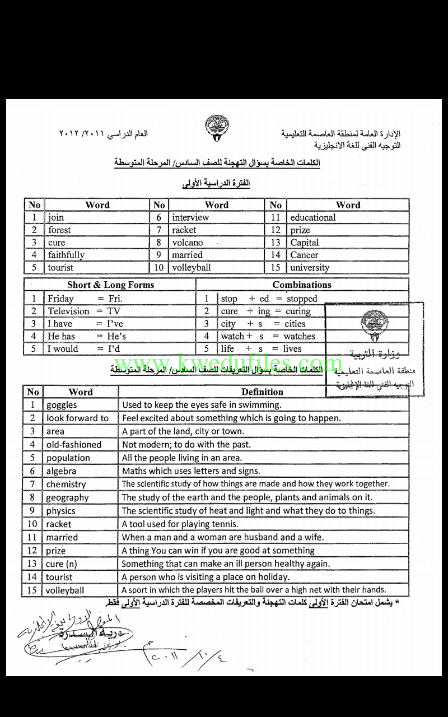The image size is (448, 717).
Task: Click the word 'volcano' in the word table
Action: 188,243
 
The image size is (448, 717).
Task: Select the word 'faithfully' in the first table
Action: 66,255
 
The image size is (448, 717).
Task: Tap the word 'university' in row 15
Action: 310,268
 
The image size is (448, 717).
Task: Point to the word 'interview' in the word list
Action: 190,217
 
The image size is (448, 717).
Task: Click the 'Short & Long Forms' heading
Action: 110,285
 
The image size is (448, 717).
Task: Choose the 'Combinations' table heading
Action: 302,285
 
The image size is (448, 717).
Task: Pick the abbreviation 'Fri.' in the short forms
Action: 114,299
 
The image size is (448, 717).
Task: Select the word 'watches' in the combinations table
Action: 299,336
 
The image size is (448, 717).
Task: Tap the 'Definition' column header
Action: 262,392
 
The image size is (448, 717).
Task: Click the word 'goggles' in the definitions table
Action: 62,405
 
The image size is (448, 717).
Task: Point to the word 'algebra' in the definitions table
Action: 61,471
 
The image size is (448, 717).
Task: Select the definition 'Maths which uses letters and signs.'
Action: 191,471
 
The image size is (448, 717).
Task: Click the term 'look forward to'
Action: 77,418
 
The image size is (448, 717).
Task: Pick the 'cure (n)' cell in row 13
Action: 62,564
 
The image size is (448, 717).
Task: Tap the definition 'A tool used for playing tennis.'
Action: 180,524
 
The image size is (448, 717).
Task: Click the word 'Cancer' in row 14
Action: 304,255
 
